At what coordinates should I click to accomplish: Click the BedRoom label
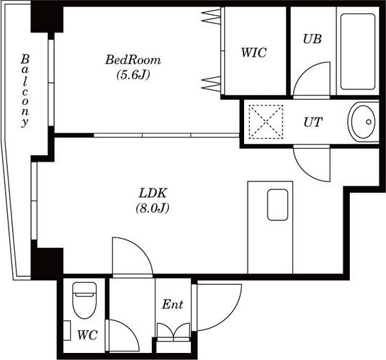click(x=133, y=60)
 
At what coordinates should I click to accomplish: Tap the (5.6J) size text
click(x=133, y=74)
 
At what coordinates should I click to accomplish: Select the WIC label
click(x=254, y=52)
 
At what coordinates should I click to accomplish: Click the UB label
click(x=312, y=39)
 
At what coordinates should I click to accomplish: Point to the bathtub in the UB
click(x=358, y=52)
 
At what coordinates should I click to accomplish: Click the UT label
click(x=313, y=122)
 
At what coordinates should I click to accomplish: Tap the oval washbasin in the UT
click(x=363, y=122)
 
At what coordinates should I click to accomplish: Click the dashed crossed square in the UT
click(x=266, y=121)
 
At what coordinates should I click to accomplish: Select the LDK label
click(x=153, y=193)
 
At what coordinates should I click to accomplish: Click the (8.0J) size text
click(x=153, y=208)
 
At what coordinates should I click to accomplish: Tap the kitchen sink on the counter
click(x=277, y=205)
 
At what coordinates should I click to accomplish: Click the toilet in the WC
click(x=84, y=300)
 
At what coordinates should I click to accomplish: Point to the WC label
click(x=87, y=335)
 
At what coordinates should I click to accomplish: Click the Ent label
click(x=172, y=305)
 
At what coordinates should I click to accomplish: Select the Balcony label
click(x=25, y=91)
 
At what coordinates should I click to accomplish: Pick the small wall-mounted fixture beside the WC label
click(x=67, y=330)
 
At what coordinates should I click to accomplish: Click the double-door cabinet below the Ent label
click(x=174, y=332)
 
